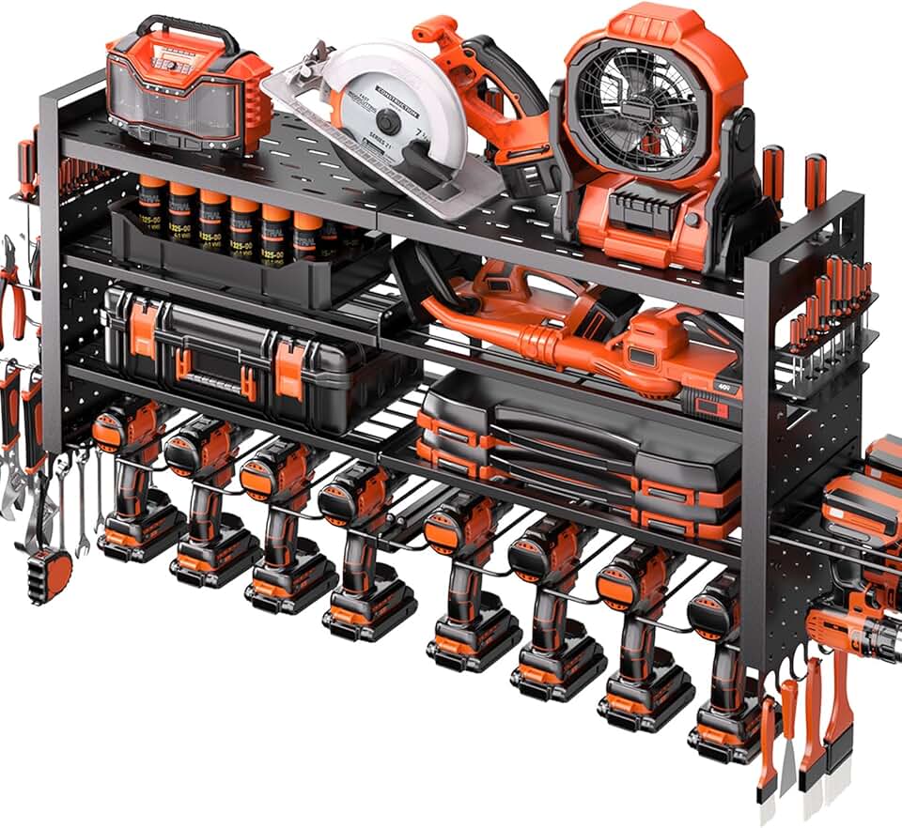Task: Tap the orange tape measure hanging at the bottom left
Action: (50, 574)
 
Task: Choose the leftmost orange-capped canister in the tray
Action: (153, 211)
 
